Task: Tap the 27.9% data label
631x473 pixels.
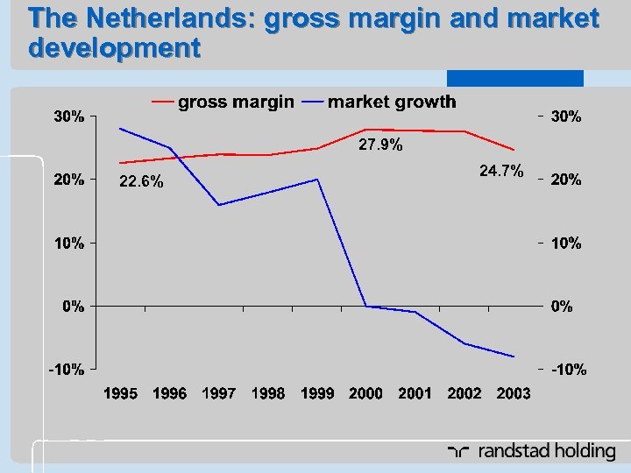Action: click(381, 145)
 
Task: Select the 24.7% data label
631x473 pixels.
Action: click(501, 169)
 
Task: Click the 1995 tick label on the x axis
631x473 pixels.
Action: click(120, 394)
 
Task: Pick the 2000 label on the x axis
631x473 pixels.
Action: click(365, 394)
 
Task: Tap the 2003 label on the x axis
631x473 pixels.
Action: click(513, 394)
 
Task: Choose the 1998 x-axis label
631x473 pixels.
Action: click(267, 394)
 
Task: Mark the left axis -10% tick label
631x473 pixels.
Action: click(66, 370)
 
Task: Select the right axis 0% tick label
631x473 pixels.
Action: click(561, 307)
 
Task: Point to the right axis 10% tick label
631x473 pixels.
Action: click(565, 244)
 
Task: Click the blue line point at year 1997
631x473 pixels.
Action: click(218, 205)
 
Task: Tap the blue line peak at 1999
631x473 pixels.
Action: click(317, 180)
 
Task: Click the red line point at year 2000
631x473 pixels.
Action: click(365, 130)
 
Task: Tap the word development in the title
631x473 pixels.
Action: click(114, 47)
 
